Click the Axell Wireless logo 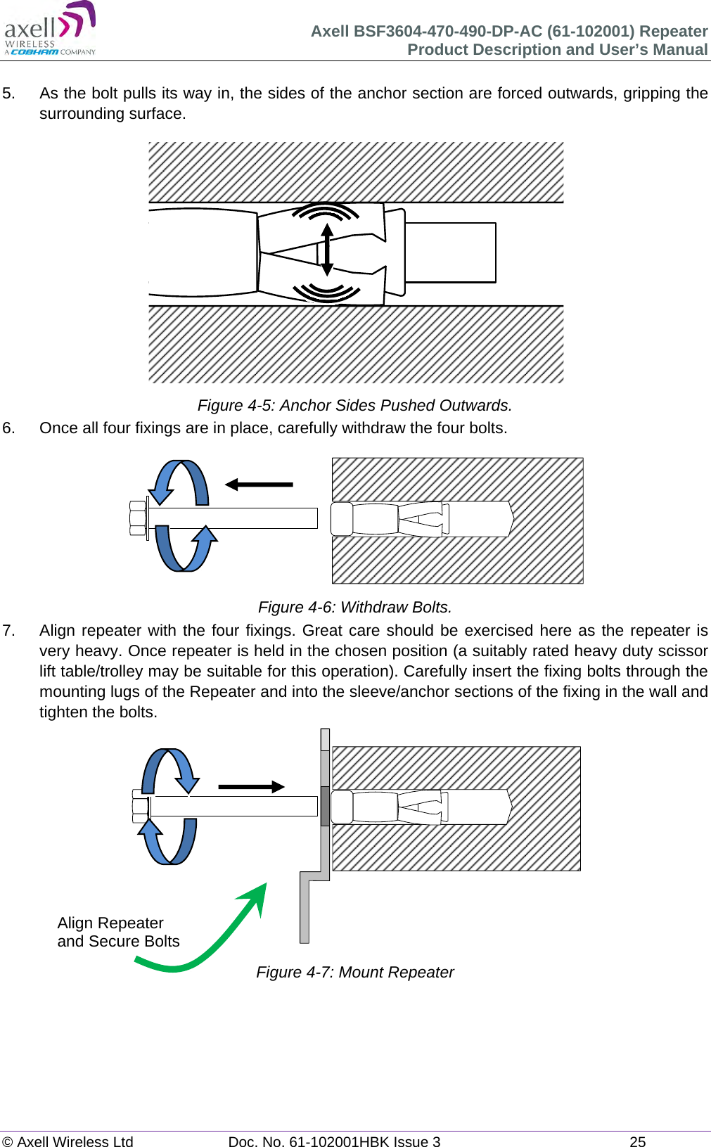pyautogui.click(x=50, y=29)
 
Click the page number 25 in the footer pyautogui.click(x=637, y=1141)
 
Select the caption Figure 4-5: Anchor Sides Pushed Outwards pyautogui.click(x=354, y=406)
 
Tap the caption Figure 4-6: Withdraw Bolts pyautogui.click(x=354, y=607)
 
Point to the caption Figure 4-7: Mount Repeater pyautogui.click(x=354, y=972)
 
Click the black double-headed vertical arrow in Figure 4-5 pyautogui.click(x=326, y=250)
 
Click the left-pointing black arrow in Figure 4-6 pyautogui.click(x=258, y=485)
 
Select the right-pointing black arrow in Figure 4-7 pyautogui.click(x=251, y=787)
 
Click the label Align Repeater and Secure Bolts pyautogui.click(x=118, y=932)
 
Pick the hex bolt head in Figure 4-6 pyautogui.click(x=138, y=518)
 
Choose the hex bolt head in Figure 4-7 pyautogui.click(x=140, y=806)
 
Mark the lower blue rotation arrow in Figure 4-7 pyautogui.click(x=169, y=842)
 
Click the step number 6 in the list pyautogui.click(x=8, y=428)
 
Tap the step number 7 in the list pyautogui.click(x=8, y=630)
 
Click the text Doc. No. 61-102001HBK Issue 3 pyautogui.click(x=334, y=1141)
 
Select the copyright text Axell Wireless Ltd pyautogui.click(x=68, y=1141)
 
